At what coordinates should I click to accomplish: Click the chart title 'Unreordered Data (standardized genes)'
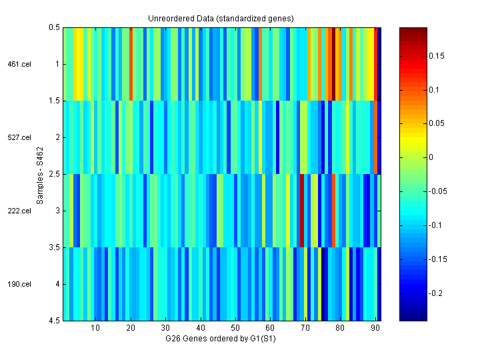221,18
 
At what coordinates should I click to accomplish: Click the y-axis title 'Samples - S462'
40,174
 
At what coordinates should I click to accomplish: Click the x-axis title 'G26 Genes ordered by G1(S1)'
221,339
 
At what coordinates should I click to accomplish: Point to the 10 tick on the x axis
95,328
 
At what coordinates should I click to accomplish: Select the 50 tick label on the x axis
235,328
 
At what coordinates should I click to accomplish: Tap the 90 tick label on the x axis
375,328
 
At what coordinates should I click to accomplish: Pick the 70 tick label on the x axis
305,328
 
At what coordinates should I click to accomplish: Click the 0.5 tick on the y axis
54,27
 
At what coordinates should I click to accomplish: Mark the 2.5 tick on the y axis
54,174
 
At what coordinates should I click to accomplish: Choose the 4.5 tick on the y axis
54,321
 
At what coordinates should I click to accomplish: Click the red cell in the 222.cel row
302,211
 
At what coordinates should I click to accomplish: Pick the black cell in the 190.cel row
323,284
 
